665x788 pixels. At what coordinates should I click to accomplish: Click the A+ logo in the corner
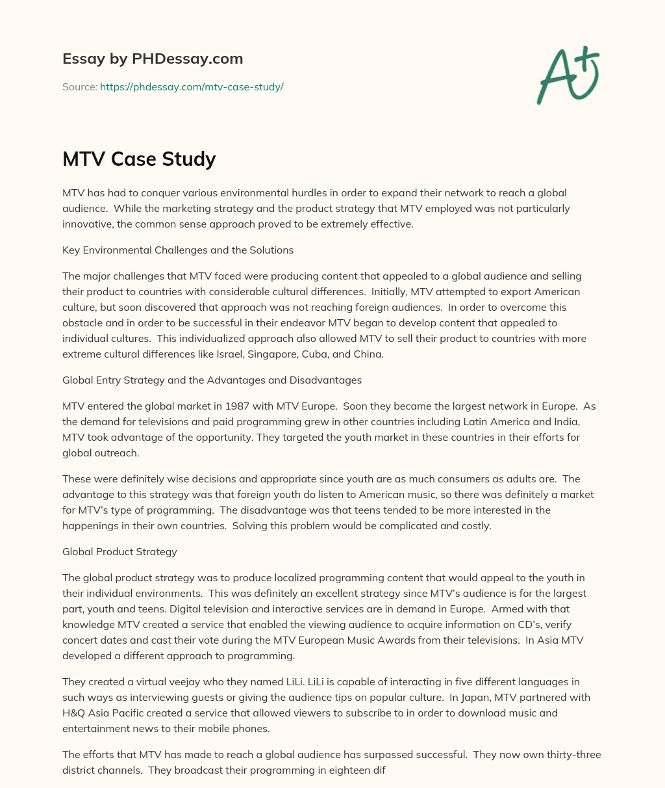(568, 75)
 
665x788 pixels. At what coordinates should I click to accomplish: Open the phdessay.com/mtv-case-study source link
(192, 86)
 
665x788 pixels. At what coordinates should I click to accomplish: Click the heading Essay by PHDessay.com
(153, 59)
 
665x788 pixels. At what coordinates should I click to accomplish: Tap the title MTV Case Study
(139, 159)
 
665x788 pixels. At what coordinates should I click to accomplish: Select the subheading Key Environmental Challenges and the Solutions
(178, 250)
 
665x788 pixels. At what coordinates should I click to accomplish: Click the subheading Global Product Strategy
(119, 551)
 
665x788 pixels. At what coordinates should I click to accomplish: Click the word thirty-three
(571, 754)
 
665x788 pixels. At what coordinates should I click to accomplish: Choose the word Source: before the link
(79, 86)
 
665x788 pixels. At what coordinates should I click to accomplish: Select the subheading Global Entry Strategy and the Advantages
(212, 380)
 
